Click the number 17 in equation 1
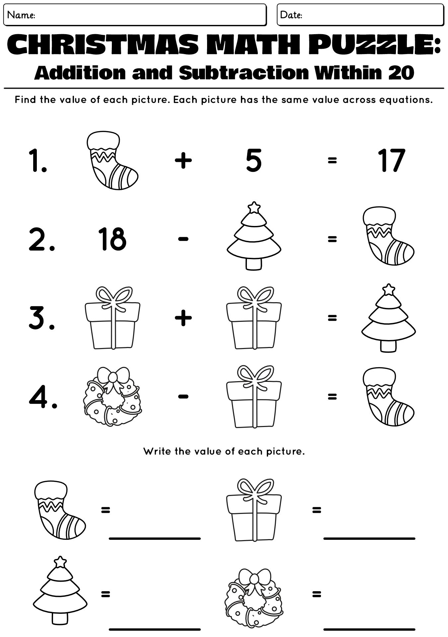[x=392, y=161]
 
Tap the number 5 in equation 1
[x=254, y=161]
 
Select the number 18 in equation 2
[x=112, y=239]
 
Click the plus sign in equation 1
[x=183, y=161]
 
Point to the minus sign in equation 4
[x=183, y=396]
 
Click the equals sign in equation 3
[x=332, y=318]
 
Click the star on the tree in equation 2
[x=255, y=207]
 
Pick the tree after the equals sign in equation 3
[x=388, y=318]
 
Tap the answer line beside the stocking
[x=155, y=538]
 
